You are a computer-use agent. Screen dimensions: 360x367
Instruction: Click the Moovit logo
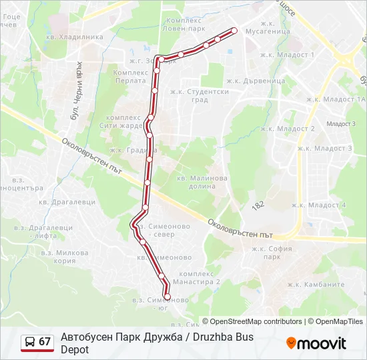[x=316, y=343]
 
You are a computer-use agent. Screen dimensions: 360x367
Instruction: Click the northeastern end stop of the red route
[x=234, y=30]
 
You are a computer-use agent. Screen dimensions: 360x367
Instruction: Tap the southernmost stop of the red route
[x=167, y=297]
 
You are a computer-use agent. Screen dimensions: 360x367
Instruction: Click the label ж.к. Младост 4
[x=322, y=205]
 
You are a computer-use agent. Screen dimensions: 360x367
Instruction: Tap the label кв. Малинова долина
[x=202, y=183]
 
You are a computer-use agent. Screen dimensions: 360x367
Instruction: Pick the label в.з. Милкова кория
[x=64, y=257]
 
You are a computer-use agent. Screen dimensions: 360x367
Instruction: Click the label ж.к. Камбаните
[x=322, y=284]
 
